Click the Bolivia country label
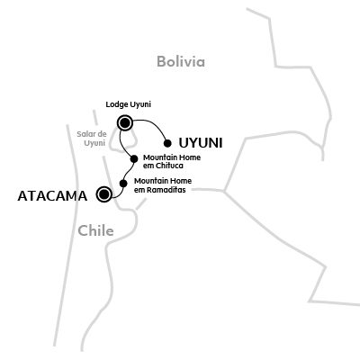pos(181,61)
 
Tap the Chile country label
pos(95,230)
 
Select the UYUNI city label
pos(201,143)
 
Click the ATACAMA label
pos(52,196)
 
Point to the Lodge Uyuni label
pos(128,104)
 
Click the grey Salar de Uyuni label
pos(92,139)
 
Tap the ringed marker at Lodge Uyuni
pos(125,122)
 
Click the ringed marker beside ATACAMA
pos(103,194)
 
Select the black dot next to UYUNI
pos(167,143)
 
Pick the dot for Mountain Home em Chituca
pos(134,158)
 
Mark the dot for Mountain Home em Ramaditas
pos(123,183)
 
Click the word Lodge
pos(113,104)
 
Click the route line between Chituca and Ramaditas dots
pos(129,170)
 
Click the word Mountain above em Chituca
pos(159,157)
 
